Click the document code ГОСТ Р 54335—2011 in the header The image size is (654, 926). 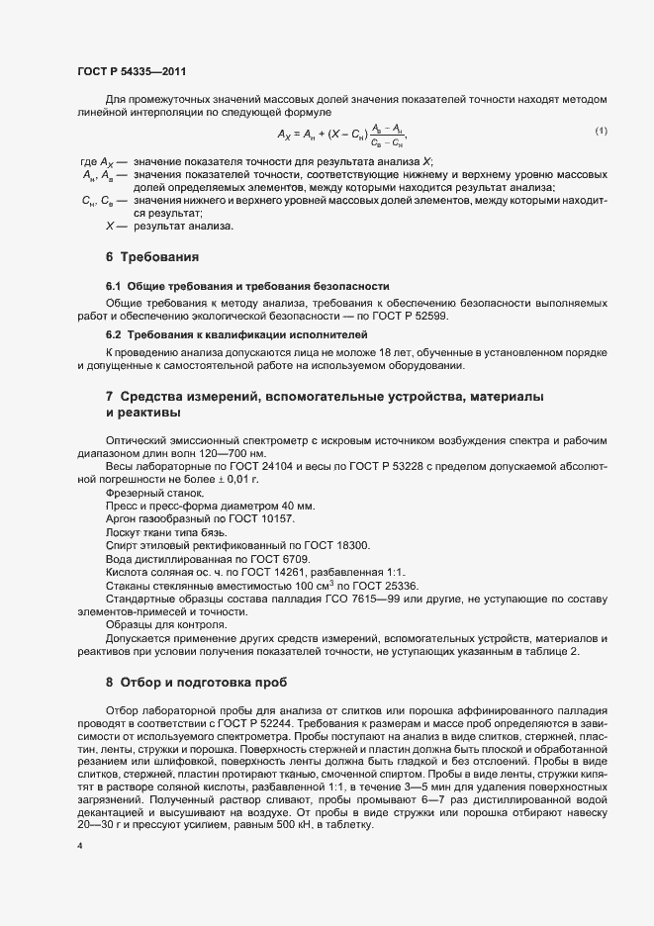[130, 72]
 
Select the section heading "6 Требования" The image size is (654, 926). [152, 257]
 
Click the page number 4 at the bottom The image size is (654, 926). [79, 848]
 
